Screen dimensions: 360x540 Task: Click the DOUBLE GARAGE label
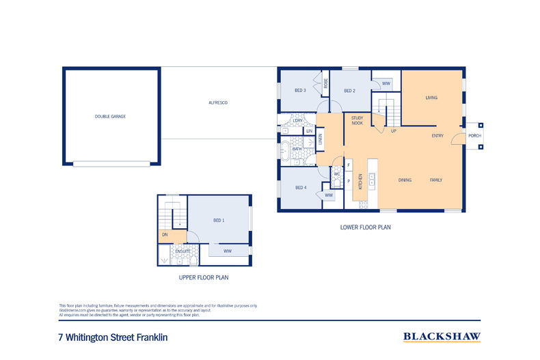click(x=110, y=116)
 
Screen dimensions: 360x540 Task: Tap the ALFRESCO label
click(x=217, y=102)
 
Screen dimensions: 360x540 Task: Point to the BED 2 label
click(x=349, y=91)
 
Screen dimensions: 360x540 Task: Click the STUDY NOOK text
click(x=357, y=121)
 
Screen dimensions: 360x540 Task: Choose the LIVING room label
click(x=431, y=98)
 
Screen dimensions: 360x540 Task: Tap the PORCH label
click(x=474, y=136)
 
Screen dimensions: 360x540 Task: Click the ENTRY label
click(x=437, y=136)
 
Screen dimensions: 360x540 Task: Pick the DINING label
click(x=405, y=180)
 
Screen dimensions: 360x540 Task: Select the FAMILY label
click(x=435, y=180)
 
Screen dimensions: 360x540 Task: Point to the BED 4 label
click(x=300, y=188)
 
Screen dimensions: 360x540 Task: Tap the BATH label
click(x=297, y=149)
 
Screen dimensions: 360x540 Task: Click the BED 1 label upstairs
click(x=219, y=220)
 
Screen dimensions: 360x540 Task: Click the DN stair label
click(x=165, y=236)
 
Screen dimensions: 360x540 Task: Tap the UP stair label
click(x=394, y=131)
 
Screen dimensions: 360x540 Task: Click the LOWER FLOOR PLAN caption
click(x=365, y=227)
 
